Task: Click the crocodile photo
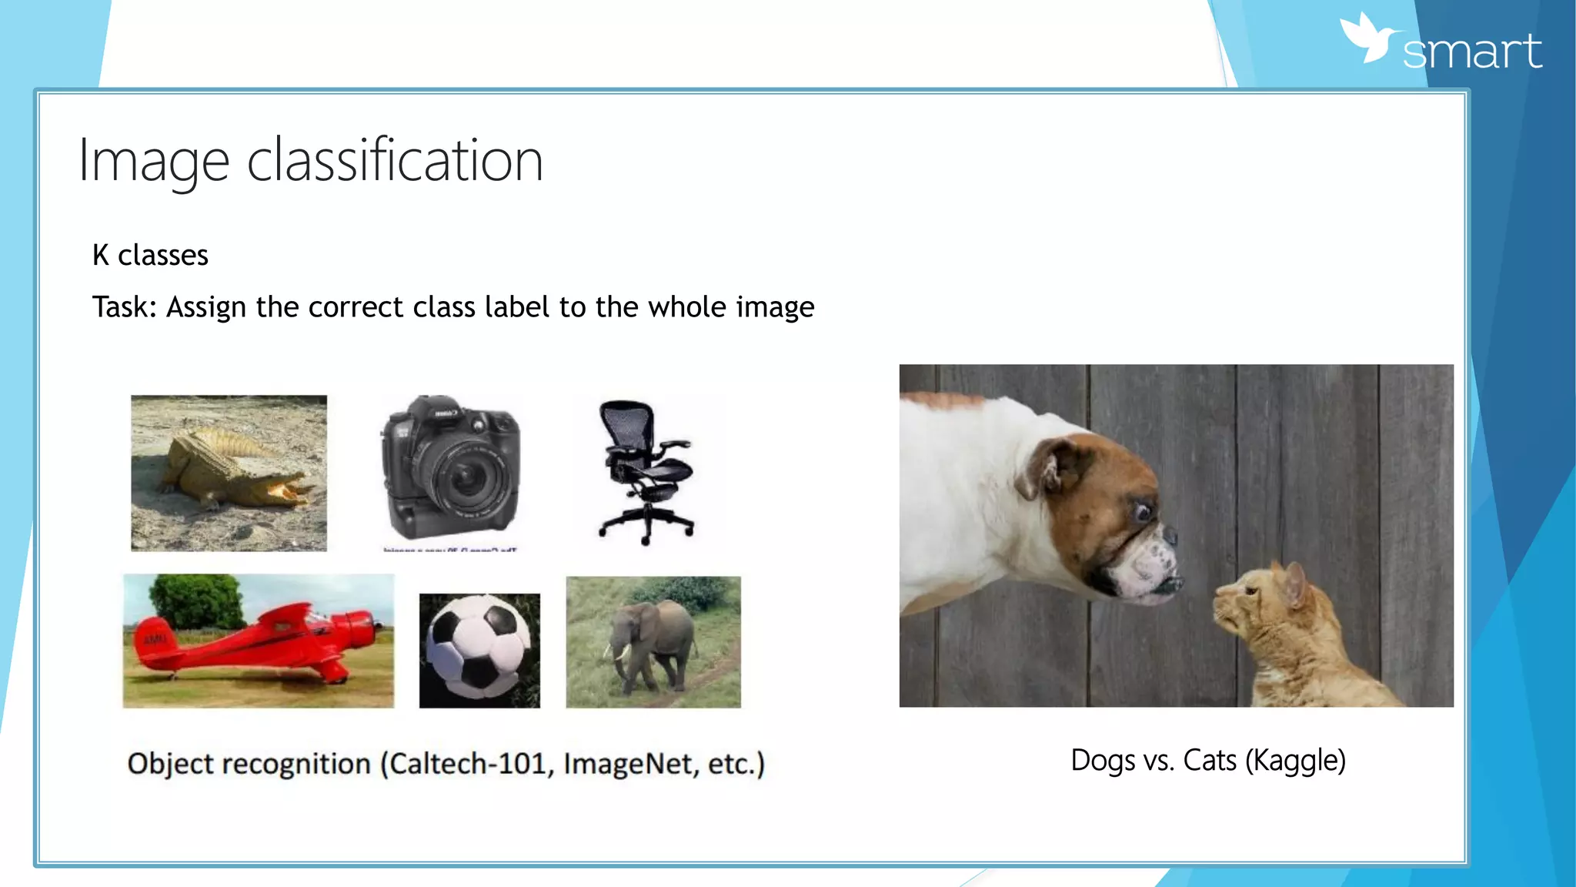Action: point(229,473)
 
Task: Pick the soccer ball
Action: point(479,651)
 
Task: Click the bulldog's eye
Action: point(1141,510)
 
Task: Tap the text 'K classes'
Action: point(150,255)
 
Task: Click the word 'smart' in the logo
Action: point(1471,52)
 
